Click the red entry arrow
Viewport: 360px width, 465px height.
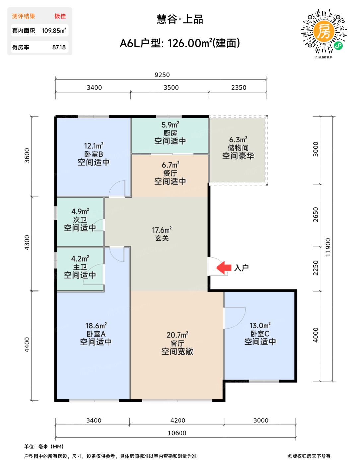coord(224,267)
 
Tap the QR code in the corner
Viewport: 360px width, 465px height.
coord(324,31)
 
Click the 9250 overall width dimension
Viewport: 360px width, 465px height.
coord(162,75)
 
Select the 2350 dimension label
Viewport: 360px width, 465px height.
coord(239,88)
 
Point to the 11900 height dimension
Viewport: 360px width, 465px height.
coord(328,247)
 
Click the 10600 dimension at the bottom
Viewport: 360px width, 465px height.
coord(177,433)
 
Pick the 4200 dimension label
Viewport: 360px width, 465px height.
coord(178,420)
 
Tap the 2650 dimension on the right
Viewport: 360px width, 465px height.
coord(316,215)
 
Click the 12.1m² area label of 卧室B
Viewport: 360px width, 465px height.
coord(94,146)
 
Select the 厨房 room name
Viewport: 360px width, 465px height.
coord(170,133)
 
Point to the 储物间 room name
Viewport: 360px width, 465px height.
coord(238,148)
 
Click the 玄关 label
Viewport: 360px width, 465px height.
coord(162,238)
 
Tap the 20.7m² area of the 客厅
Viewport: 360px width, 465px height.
coord(178,335)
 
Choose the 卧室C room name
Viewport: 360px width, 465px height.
coord(260,334)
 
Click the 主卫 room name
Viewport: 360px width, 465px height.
coord(80,267)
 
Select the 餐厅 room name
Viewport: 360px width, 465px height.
coord(170,173)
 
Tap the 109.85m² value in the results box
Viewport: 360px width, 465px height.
coord(54,30)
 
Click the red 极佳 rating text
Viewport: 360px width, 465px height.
coord(60,16)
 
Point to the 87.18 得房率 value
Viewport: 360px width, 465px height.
coord(59,47)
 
